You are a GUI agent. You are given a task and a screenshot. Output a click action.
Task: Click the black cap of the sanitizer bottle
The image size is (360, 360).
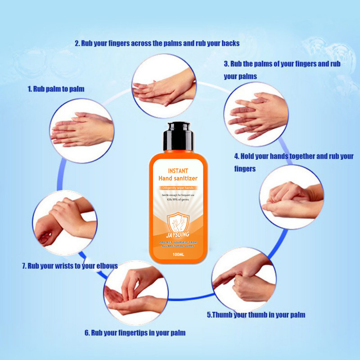click(x=178, y=136)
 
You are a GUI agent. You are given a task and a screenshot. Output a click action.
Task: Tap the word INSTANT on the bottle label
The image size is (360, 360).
click(x=178, y=171)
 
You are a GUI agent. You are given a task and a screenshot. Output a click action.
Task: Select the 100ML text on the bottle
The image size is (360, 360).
click(x=178, y=254)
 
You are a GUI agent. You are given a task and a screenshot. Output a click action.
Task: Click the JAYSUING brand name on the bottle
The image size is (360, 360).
click(x=178, y=234)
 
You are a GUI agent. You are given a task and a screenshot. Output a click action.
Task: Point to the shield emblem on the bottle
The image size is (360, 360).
click(x=178, y=223)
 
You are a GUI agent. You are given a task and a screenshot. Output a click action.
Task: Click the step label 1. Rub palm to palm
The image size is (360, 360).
click(x=56, y=89)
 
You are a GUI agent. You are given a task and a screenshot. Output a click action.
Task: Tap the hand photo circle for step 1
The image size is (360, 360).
click(x=82, y=131)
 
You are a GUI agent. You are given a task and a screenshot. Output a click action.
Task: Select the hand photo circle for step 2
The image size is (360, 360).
click(x=164, y=86)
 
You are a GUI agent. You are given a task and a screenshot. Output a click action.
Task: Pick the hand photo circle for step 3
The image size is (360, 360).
click(x=256, y=114)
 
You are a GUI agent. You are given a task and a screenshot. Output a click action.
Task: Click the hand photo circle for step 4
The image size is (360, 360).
click(x=292, y=197)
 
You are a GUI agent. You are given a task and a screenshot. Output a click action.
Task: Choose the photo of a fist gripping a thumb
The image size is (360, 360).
click(x=244, y=279)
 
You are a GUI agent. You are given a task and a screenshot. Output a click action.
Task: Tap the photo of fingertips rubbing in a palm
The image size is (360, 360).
click(x=136, y=293)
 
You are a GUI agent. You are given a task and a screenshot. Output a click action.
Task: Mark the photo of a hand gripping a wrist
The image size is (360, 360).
click(x=65, y=223)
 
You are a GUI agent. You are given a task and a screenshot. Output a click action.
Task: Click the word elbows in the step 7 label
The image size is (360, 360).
click(x=107, y=266)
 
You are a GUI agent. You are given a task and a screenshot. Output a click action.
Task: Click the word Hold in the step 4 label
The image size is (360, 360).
click(x=247, y=156)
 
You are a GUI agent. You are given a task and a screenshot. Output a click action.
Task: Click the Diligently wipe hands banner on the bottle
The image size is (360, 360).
click(x=178, y=188)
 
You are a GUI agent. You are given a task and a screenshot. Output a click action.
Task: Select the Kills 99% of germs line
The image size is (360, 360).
click(x=178, y=199)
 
